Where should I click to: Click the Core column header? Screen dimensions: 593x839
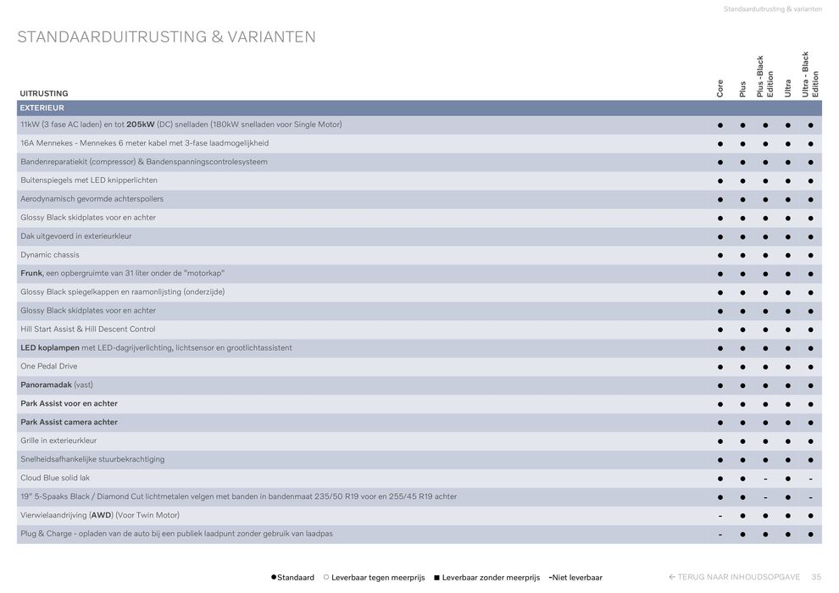coord(720,88)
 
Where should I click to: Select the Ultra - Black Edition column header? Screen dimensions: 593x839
coord(810,75)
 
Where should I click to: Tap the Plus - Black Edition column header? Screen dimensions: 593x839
coord(765,76)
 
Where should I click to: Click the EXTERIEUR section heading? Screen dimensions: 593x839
coord(42,108)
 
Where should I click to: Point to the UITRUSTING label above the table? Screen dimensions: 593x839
coord(44,93)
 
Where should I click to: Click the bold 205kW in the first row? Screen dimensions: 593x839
coord(141,125)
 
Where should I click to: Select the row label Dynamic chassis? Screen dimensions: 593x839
coord(50,255)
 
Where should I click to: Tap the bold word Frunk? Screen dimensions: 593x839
coord(31,274)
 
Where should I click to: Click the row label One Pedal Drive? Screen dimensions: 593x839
coord(48,367)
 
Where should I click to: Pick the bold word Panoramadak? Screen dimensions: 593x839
coord(46,385)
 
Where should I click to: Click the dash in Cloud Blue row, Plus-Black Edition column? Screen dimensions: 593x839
coord(765,479)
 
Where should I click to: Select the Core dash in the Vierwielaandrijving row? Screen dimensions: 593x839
coord(720,516)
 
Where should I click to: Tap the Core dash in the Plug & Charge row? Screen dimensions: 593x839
coord(720,535)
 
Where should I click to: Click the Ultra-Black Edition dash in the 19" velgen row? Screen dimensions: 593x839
coord(810,497)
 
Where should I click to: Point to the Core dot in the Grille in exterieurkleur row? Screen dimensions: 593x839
coord(720,441)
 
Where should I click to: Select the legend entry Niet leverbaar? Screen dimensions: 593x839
coord(576,578)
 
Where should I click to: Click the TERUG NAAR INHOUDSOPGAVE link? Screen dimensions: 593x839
coord(735,578)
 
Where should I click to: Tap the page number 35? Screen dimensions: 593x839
coord(816,578)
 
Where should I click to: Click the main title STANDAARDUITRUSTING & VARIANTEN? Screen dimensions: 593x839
coord(166,37)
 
